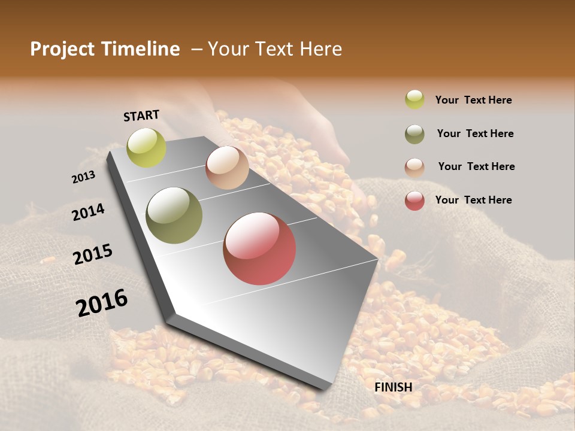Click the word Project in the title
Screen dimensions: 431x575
coord(62,49)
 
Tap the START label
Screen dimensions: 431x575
coord(141,116)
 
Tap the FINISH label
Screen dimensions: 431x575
coord(394,387)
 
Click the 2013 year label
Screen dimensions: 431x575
coord(83,177)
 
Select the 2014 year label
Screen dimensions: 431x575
coord(88,212)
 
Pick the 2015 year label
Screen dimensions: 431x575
coord(93,254)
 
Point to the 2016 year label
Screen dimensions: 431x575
coord(102,303)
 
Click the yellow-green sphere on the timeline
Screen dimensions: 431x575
coord(147,148)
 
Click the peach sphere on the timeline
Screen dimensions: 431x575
coord(227,168)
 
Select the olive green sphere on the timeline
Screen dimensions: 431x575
coord(174,215)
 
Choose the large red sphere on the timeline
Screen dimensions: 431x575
coord(259,248)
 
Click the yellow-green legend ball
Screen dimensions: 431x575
coord(414,99)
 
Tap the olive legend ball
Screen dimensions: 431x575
coord(414,134)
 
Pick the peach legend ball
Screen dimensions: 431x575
coord(414,167)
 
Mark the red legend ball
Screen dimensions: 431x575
coord(414,201)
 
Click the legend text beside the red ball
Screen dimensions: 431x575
coord(473,200)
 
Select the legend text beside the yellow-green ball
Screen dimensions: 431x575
coord(473,100)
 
